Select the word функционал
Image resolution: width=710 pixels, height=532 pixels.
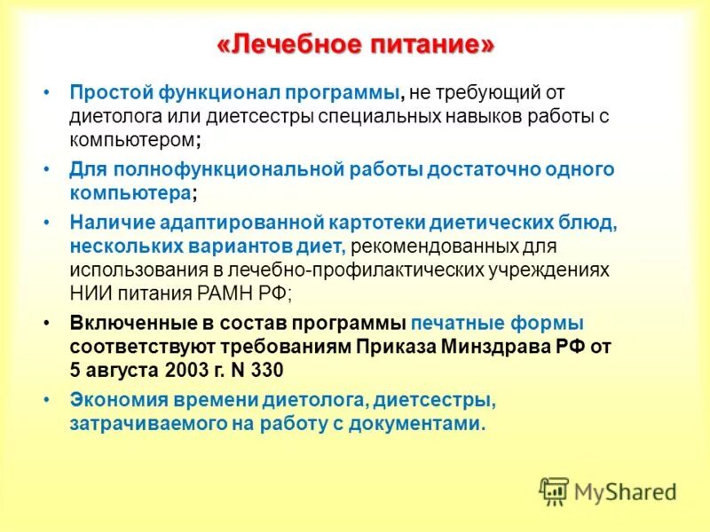click(x=214, y=93)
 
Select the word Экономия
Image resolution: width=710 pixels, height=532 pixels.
click(x=111, y=400)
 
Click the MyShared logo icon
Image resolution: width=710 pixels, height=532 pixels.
click(x=554, y=490)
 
